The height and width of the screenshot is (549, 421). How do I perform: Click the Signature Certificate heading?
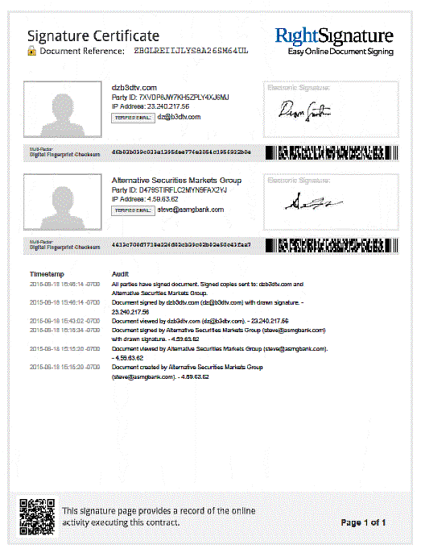pos(93,36)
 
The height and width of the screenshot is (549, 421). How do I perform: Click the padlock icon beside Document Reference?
pos(31,51)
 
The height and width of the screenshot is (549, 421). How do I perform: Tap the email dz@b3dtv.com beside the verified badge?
pos(178,118)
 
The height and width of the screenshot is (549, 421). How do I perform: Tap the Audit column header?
pos(120,275)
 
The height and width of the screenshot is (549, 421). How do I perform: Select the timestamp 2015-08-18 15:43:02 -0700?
pos(63,320)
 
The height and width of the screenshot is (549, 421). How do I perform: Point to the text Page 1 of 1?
pos(364,523)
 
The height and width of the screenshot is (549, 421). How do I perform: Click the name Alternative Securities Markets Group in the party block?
pos(176,181)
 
